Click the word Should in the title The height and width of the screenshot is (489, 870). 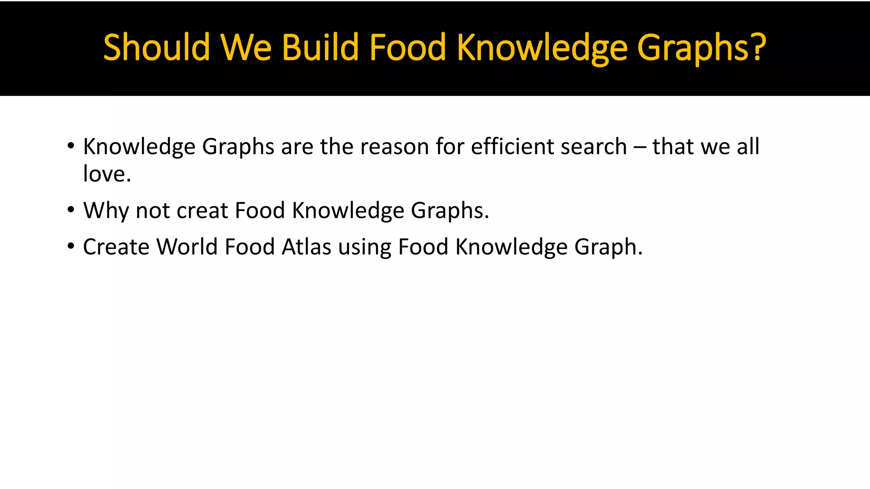click(156, 47)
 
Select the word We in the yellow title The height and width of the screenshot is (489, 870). click(246, 47)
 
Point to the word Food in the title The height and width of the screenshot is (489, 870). click(407, 47)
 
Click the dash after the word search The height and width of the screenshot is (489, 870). click(639, 147)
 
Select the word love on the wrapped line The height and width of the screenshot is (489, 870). click(105, 174)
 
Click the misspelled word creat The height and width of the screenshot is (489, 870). click(202, 211)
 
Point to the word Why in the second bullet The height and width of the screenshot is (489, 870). click(106, 211)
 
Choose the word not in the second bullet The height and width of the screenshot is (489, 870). click(153, 211)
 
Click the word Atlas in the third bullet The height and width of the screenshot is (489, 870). click(306, 247)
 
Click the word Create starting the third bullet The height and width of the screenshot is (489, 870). click(116, 247)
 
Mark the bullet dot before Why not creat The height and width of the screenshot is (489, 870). click(71, 210)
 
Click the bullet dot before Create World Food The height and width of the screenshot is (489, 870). click(71, 246)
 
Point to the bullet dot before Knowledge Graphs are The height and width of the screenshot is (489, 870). click(71, 146)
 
